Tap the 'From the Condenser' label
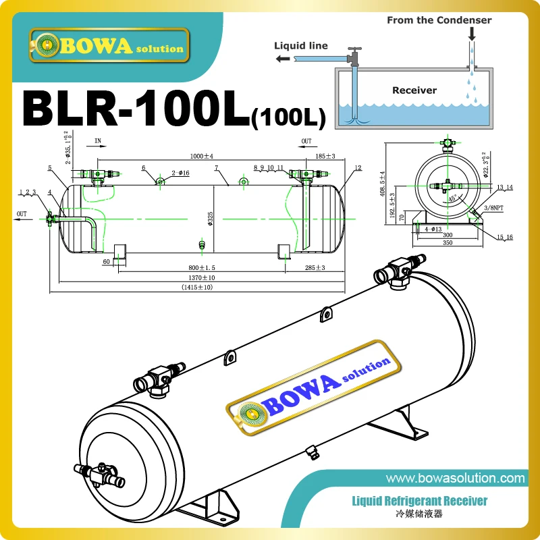coord(439,20)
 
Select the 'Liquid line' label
coord(300,46)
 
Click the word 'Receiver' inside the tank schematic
coord(414,90)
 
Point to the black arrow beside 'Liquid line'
coord(284,59)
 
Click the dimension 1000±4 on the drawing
coord(202,156)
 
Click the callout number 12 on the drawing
coord(358,167)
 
